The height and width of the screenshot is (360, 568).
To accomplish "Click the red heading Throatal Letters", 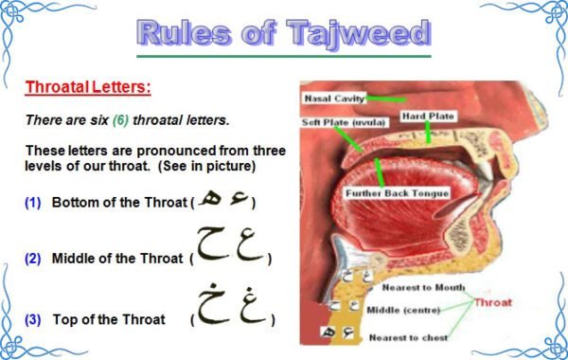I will click(x=87, y=88).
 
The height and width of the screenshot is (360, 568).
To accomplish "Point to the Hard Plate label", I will click(x=430, y=117).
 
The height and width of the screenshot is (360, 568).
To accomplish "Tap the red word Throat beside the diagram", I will click(x=493, y=303).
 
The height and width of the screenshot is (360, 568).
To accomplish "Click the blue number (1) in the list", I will click(x=33, y=203).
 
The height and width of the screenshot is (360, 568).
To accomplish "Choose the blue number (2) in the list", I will click(x=33, y=259).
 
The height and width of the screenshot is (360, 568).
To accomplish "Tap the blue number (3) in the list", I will click(x=33, y=319).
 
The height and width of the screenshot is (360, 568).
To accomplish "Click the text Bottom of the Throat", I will click(x=118, y=203).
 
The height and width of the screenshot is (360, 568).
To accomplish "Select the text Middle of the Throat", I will click(x=117, y=259).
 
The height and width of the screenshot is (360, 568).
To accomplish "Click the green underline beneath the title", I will click(x=284, y=56).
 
